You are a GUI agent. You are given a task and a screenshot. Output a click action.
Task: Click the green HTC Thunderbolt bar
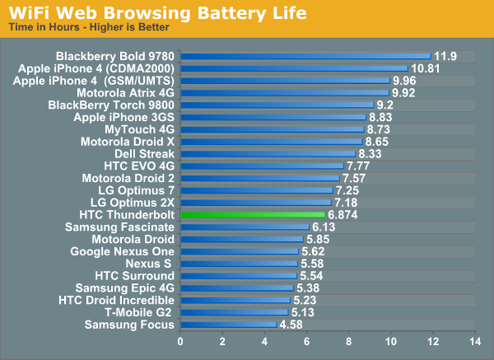point(253,215)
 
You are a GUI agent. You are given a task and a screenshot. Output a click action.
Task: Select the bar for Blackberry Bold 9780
point(305,57)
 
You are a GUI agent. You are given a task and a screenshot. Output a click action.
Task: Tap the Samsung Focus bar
point(229,325)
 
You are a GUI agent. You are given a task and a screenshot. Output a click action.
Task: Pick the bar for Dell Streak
point(268,154)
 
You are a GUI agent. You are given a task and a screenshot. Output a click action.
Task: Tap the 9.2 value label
point(385,105)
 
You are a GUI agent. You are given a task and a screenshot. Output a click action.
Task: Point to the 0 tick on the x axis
point(181,340)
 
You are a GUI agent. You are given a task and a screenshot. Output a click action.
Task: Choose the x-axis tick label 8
point(349,340)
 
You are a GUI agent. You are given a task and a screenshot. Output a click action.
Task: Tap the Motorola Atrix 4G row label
point(125,93)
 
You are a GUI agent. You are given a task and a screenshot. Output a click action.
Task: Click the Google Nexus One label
point(122,251)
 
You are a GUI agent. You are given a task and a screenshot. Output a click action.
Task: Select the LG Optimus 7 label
point(136,190)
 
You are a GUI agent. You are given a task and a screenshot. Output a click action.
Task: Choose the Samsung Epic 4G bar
point(237,288)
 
